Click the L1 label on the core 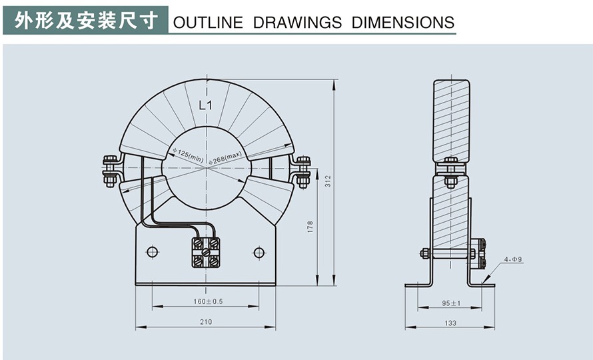pos(205,105)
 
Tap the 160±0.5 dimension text pos(208,301)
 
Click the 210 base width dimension pos(205,323)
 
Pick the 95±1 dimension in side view pos(450,303)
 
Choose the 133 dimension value pos(450,323)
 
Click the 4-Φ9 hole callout pos(512,259)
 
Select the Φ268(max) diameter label pos(225,158)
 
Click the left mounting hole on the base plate pos(152,252)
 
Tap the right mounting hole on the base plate pos(259,252)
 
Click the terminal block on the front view pos(205,253)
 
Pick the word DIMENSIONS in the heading pos(402,23)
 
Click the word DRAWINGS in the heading pos(297,23)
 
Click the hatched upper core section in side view pos(451,120)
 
